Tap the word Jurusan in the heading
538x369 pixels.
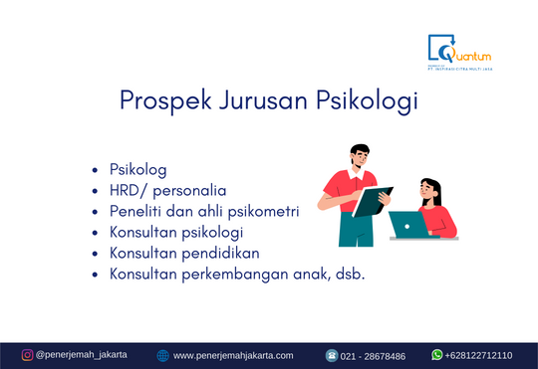tap(257, 101)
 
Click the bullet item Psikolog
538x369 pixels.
tap(137, 170)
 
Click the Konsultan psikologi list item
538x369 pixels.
tap(176, 233)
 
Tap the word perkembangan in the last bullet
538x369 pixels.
tap(236, 274)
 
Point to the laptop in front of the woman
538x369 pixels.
tap(407, 225)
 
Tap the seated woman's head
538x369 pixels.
tap(429, 187)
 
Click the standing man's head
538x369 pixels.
tap(362, 156)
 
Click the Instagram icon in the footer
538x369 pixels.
tap(27, 355)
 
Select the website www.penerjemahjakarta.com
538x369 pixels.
tap(233, 355)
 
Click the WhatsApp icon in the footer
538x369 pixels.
tap(436, 355)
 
